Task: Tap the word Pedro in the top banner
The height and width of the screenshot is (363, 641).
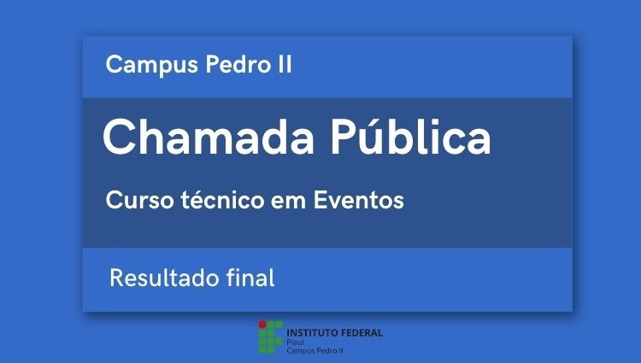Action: point(238,64)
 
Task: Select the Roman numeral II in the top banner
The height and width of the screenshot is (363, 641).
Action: point(285,65)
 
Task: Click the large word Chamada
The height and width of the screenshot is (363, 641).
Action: point(209,137)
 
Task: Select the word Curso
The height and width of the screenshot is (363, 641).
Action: point(140,200)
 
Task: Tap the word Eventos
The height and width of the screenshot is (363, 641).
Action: point(358,200)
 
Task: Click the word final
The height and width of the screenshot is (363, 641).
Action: point(250,278)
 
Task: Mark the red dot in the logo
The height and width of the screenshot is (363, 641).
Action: point(262,325)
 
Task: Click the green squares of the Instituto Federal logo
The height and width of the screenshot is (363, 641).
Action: point(270,337)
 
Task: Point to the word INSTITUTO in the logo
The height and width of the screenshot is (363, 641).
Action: point(312,333)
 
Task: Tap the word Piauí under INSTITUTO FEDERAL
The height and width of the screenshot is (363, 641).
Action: point(295,343)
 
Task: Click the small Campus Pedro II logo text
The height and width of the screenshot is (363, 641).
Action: point(315,350)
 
